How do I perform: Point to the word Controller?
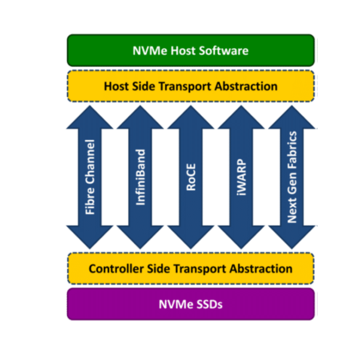[116, 269]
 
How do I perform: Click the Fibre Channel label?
[90, 177]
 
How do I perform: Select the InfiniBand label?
[140, 177]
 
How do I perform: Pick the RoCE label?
[191, 177]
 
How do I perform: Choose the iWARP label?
[241, 177]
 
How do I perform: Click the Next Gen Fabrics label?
[292, 177]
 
